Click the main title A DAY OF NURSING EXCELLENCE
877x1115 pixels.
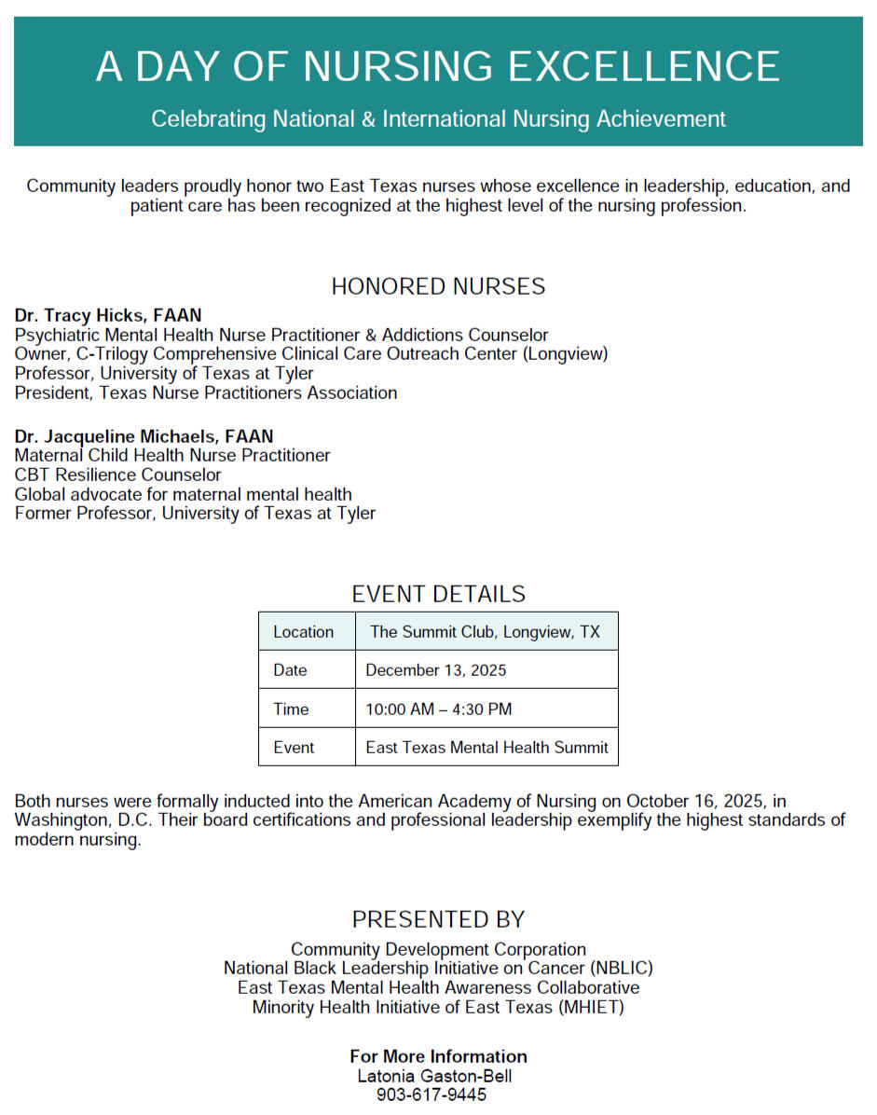(x=438, y=67)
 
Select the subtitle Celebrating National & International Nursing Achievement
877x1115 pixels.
(x=438, y=119)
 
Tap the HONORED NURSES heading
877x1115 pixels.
(x=438, y=286)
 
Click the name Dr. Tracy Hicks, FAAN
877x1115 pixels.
(x=108, y=315)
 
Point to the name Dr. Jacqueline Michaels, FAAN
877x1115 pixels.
(x=144, y=436)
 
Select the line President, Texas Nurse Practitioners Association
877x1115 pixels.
(x=206, y=392)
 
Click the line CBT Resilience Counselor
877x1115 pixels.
(x=118, y=475)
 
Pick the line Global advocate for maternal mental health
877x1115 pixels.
(x=184, y=494)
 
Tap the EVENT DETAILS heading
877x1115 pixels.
(x=438, y=594)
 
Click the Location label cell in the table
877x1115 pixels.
(x=304, y=632)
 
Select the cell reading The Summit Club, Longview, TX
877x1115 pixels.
(x=486, y=632)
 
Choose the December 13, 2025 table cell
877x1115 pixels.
(x=436, y=670)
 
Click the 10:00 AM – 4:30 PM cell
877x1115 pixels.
(x=439, y=709)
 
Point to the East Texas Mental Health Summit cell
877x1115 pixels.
(x=486, y=748)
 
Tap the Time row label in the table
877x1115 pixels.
(x=291, y=709)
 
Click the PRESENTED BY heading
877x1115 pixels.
(x=438, y=919)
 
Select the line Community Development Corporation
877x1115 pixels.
(x=438, y=950)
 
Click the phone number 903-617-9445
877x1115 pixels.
(x=432, y=1095)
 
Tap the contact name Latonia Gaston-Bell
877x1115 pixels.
(x=435, y=1076)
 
